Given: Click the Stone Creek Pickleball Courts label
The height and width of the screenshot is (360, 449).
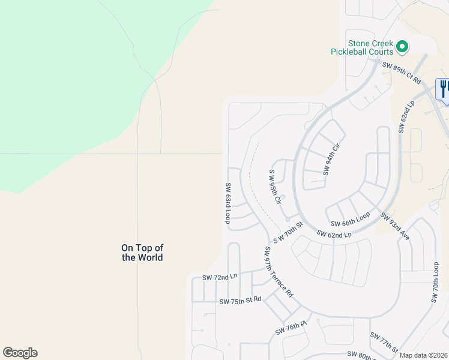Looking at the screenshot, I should click(362, 47).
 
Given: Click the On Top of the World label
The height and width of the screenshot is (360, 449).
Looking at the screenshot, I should click(142, 252).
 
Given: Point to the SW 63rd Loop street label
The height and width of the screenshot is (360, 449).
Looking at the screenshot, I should click(228, 203).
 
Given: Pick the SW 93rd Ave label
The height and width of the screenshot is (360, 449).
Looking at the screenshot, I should click(394, 226).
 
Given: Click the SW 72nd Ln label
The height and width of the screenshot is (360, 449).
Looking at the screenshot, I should click(220, 277).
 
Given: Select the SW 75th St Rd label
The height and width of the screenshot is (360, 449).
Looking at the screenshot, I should click(240, 300).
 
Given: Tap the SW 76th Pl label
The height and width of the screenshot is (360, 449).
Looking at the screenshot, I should click(291, 328).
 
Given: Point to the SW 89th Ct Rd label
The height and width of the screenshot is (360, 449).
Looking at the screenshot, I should click(402, 73).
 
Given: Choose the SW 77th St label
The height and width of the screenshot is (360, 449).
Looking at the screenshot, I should click(384, 343).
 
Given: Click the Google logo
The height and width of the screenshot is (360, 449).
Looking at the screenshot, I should click(20, 353).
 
